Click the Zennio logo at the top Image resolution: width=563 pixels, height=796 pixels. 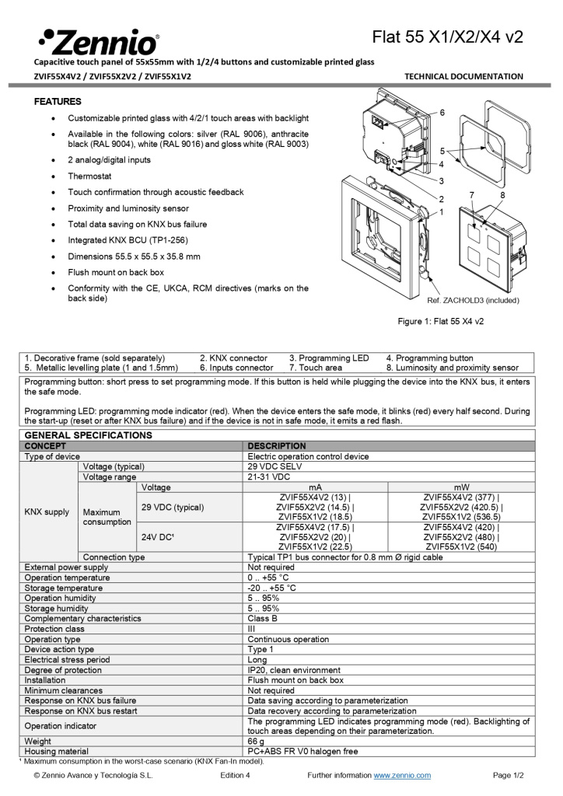98,41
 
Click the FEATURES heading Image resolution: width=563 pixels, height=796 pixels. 58,102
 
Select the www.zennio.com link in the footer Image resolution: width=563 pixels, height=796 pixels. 402,775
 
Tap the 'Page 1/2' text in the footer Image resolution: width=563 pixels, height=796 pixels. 509,775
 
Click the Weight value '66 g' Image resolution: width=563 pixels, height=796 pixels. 257,742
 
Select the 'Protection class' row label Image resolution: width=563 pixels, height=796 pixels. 54,629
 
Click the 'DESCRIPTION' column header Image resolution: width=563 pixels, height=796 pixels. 276,446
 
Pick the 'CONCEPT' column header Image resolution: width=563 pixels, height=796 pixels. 45,446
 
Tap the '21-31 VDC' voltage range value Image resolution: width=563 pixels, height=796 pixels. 268,477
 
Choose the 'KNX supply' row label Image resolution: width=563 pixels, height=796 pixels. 47,512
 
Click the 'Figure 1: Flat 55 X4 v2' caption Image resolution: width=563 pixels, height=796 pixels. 441,321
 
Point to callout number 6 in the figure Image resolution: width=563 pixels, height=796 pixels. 442,113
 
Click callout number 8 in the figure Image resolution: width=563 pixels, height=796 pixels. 503,194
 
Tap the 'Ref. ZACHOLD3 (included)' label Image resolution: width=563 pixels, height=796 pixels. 473,300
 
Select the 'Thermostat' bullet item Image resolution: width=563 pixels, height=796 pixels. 89,176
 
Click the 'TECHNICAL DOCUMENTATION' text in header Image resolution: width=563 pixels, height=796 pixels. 464,76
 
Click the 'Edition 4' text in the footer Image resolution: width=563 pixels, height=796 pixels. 235,775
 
